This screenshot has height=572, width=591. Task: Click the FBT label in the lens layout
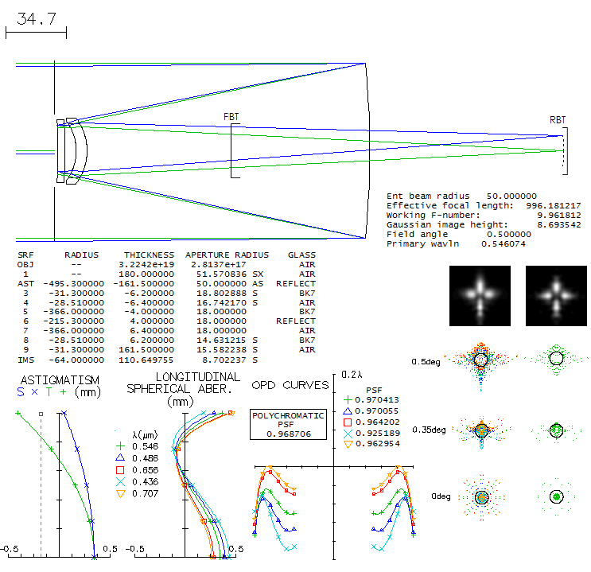click(231, 117)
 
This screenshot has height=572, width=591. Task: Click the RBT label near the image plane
click(558, 120)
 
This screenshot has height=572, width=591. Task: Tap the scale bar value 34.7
click(37, 19)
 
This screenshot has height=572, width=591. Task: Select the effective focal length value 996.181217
click(553, 205)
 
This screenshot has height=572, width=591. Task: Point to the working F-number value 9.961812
click(558, 215)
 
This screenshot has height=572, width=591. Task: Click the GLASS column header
click(301, 255)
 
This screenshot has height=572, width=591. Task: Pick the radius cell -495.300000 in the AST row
click(74, 283)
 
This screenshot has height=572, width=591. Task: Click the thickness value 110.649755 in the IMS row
click(146, 360)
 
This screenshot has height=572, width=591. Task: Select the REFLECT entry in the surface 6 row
click(296, 321)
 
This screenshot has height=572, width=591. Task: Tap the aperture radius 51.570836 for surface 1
click(222, 274)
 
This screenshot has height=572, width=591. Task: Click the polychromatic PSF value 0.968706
click(289, 434)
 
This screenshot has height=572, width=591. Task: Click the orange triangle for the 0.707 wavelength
click(121, 494)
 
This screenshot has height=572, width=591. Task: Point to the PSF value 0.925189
click(377, 434)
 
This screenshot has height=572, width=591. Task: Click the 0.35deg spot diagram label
click(429, 430)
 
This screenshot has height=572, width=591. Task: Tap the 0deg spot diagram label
click(441, 496)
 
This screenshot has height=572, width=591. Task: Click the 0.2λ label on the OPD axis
click(352, 375)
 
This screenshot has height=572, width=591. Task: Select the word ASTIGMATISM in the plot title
click(60, 380)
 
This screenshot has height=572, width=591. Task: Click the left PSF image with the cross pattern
click(480, 296)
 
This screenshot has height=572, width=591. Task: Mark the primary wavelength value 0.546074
click(504, 244)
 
